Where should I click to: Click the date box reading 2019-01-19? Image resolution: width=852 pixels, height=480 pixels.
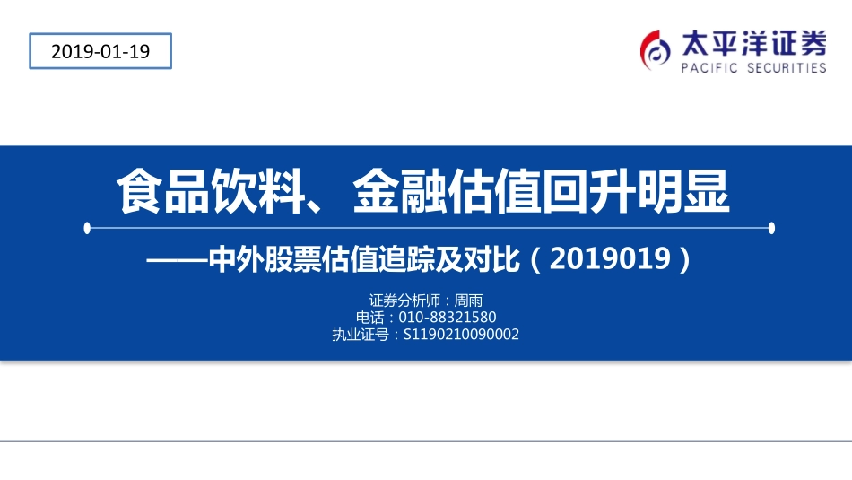[100, 51]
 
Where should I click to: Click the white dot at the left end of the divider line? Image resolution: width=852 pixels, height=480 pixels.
[87, 228]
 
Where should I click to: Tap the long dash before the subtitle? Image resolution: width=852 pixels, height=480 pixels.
[176, 260]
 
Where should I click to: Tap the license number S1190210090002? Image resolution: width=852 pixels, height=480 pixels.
[462, 335]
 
